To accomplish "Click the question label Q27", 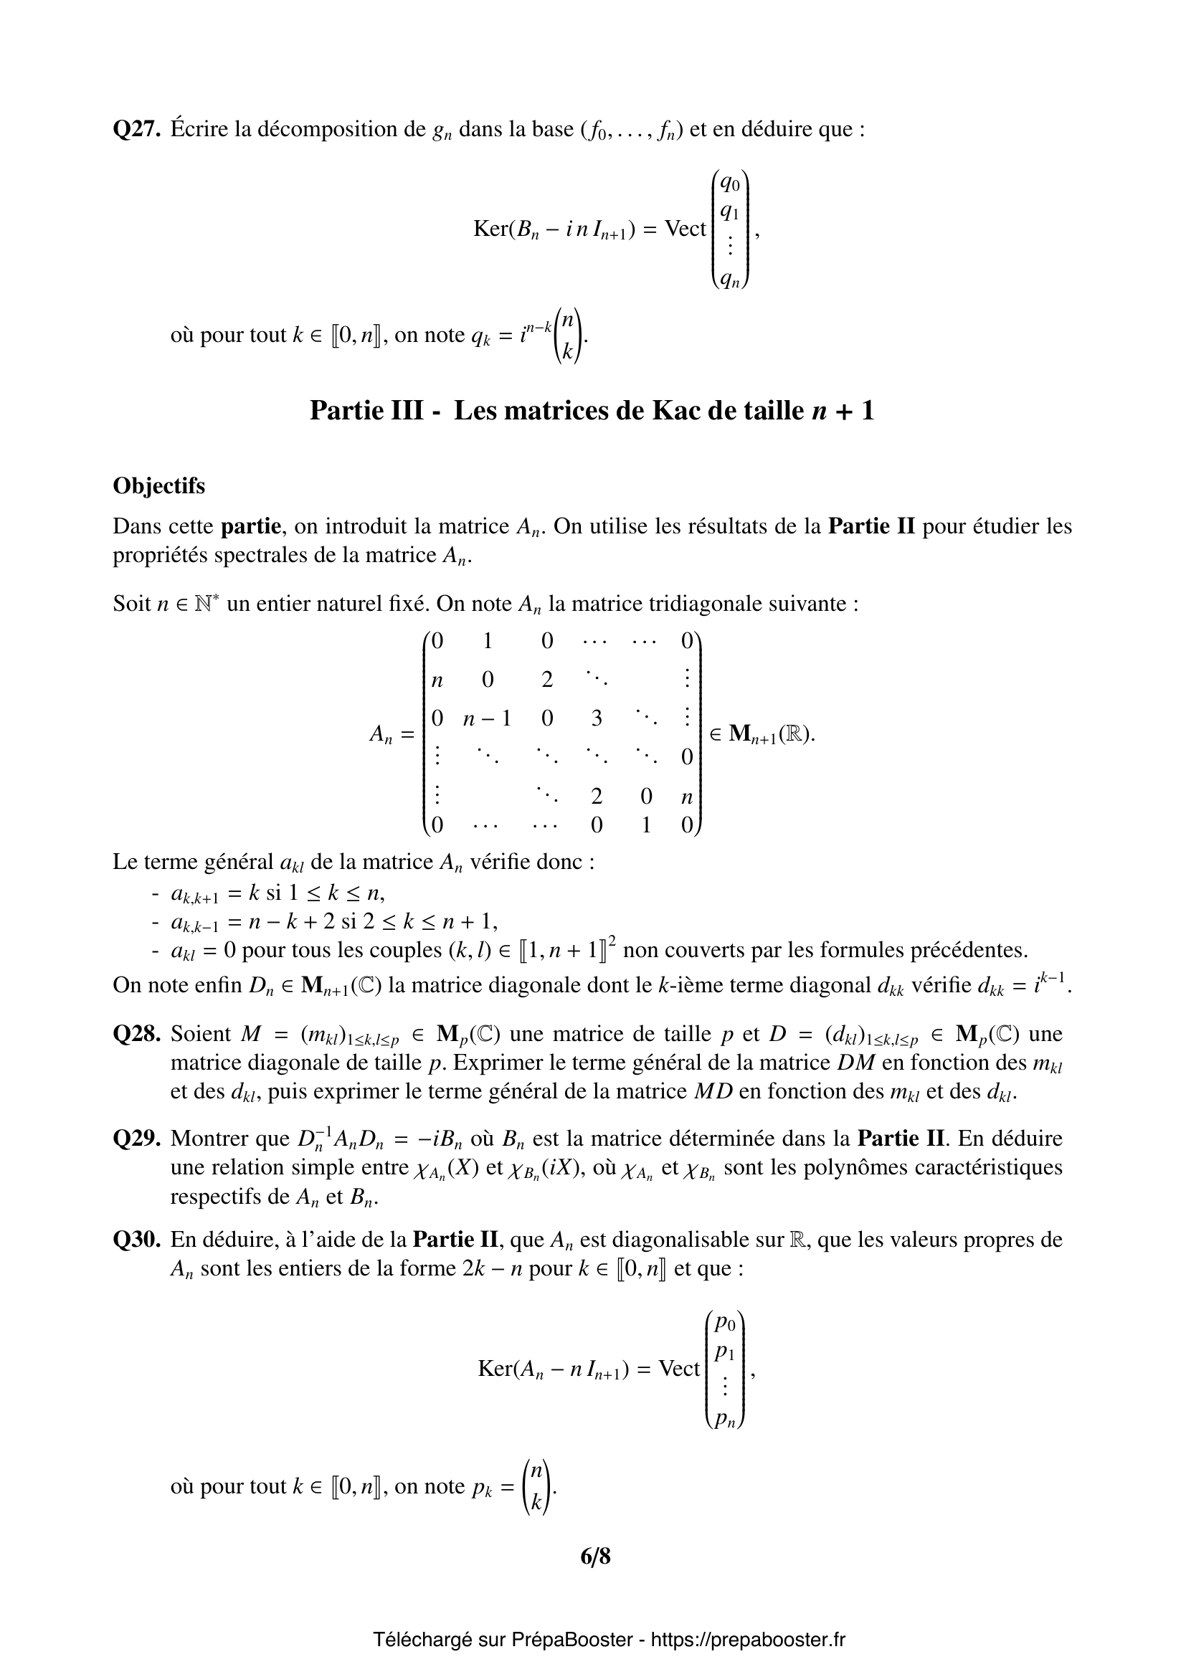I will click(136, 129).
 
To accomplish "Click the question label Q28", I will click(136, 1035).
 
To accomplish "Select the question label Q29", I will click(136, 1139).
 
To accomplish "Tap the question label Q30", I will click(136, 1240).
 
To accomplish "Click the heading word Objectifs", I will click(158, 485).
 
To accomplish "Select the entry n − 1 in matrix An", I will click(487, 718).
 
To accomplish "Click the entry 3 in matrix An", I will click(597, 718).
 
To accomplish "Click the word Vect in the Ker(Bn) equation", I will click(685, 229).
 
